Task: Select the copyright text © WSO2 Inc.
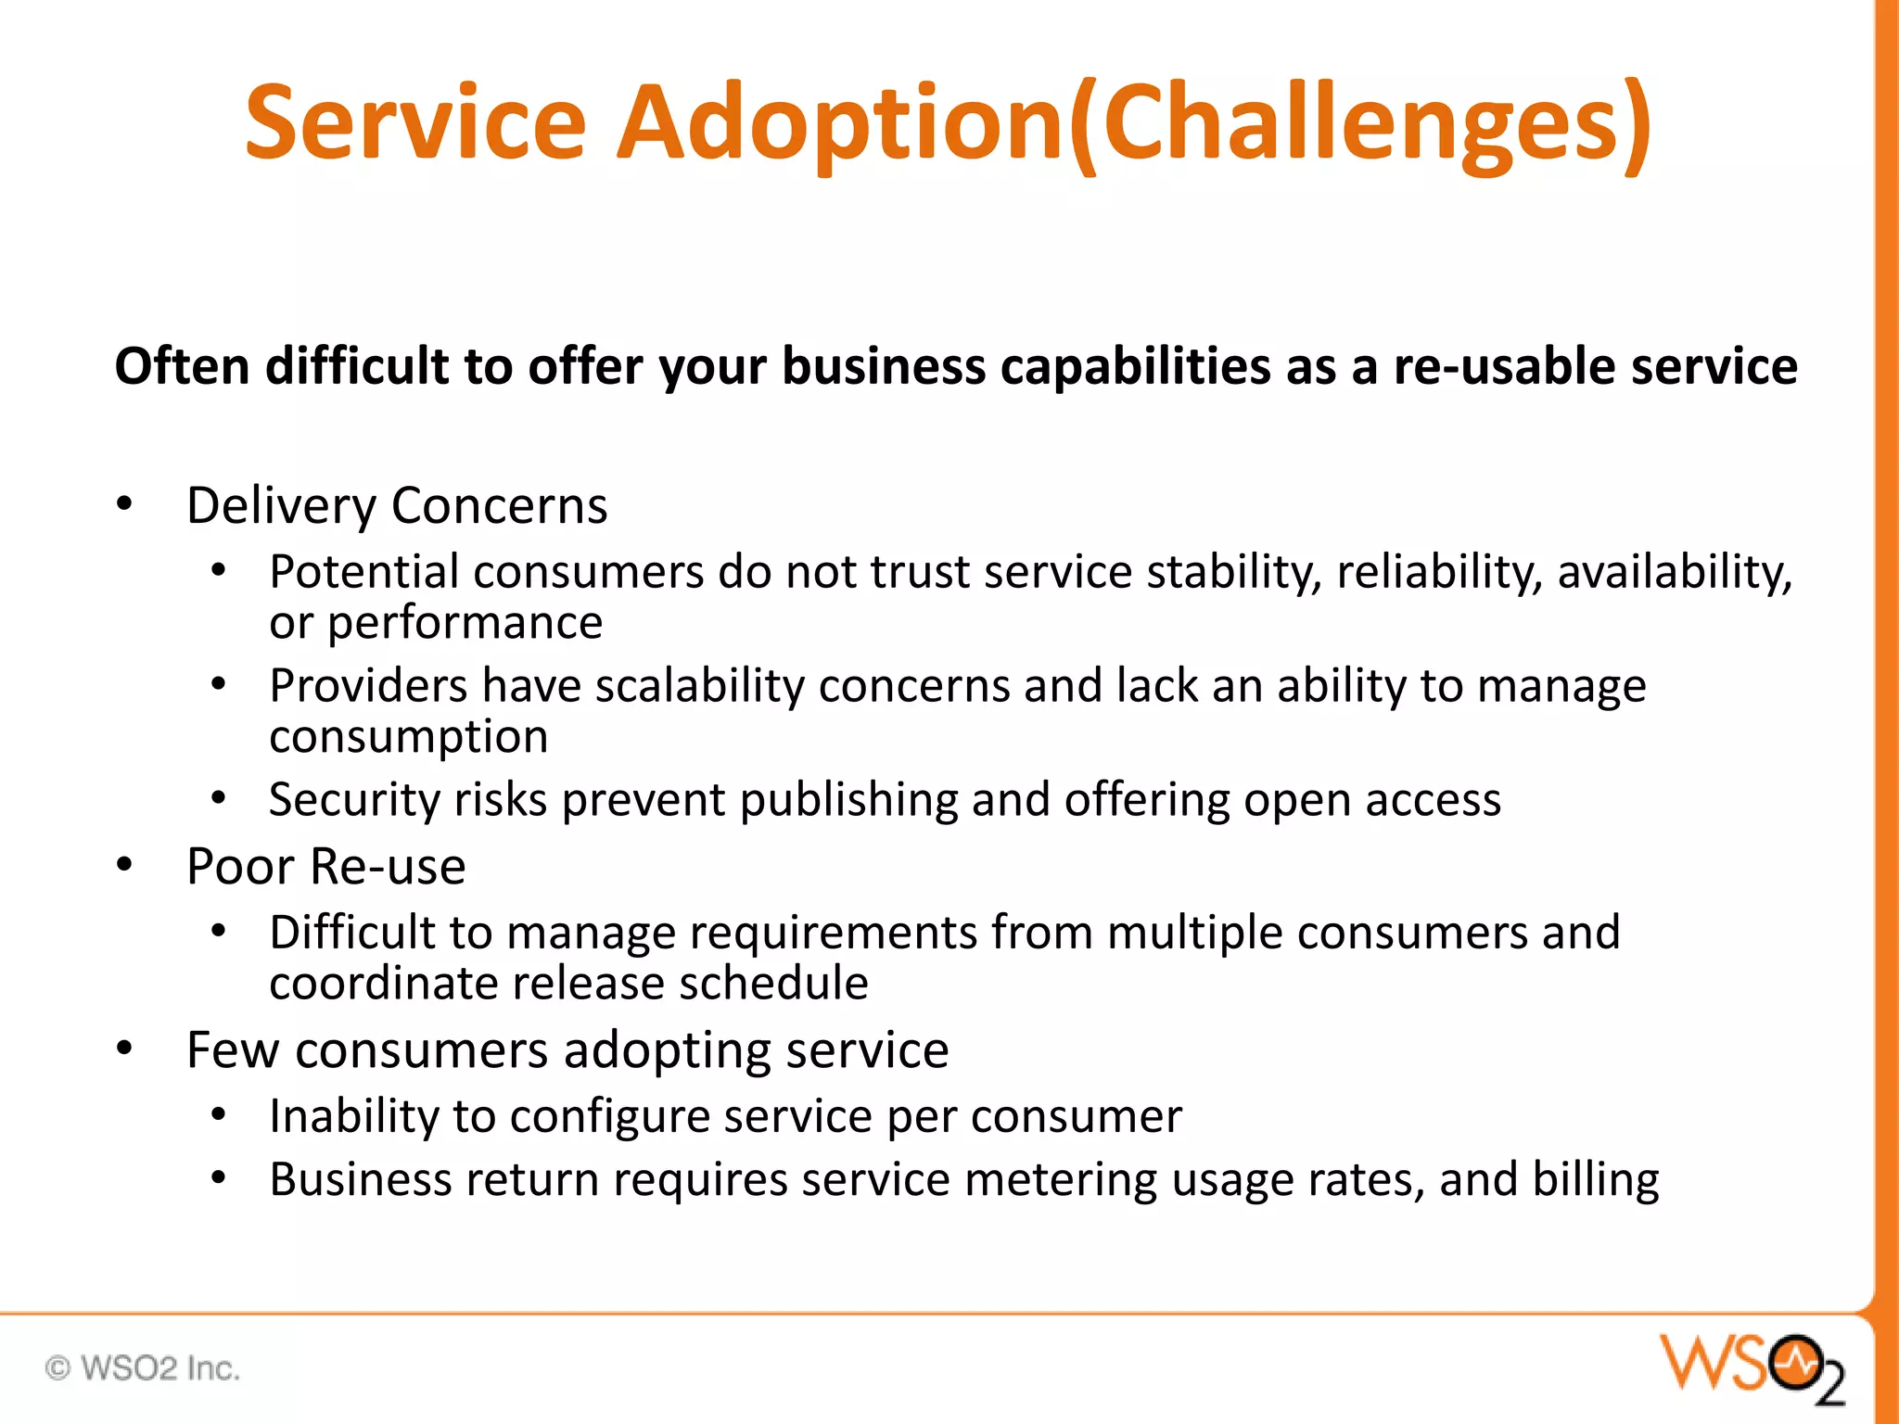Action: (143, 1368)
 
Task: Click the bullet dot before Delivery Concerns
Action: (124, 504)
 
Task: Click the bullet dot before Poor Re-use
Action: (124, 865)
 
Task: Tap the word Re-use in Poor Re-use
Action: (388, 867)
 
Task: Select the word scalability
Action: (700, 686)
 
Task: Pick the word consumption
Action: (408, 737)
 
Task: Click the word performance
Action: (465, 623)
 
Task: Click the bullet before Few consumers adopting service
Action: (124, 1049)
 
